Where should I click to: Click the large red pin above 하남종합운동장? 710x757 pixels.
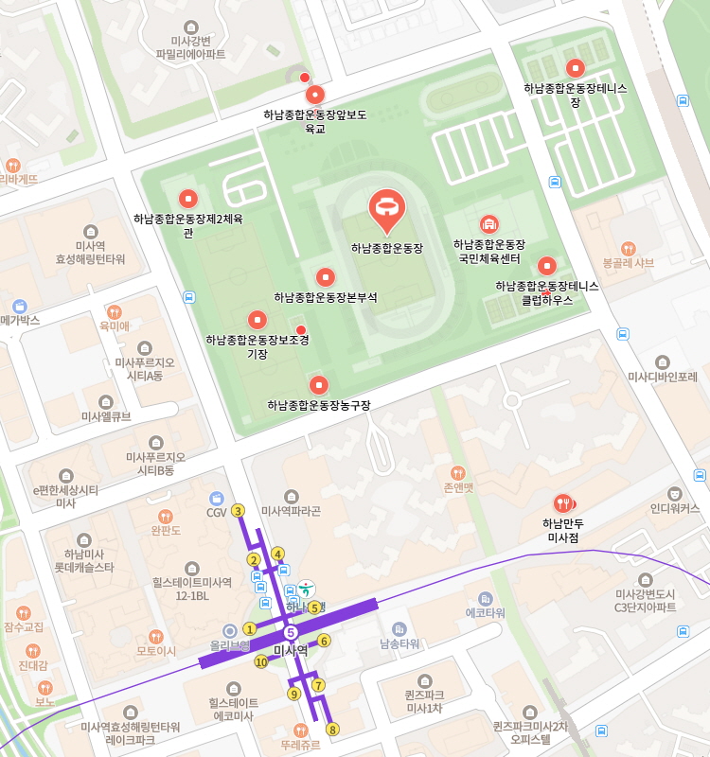pos(386,207)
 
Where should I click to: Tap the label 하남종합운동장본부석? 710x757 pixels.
pos(326,297)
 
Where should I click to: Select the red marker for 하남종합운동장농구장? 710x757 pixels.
pos(318,385)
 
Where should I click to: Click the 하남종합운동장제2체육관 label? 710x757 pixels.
pos(188,225)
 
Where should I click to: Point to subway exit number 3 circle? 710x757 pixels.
pos(238,511)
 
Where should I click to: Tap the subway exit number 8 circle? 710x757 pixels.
pos(331,730)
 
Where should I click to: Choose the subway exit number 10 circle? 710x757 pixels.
pos(261,661)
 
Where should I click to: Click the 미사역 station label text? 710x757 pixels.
pos(291,650)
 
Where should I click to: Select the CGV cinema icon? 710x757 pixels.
pos(216,498)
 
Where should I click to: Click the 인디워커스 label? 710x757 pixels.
pos(675,508)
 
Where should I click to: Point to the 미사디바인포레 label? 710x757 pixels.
pos(663,377)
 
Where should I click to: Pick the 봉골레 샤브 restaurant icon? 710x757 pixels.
pos(629,248)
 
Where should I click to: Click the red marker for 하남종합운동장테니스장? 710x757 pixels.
pos(575,68)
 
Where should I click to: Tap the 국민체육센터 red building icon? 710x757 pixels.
pos(488,224)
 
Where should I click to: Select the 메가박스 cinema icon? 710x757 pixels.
pos(20,306)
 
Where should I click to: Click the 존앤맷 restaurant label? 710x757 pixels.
pos(458,487)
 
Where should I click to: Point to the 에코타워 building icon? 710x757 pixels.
pos(486,599)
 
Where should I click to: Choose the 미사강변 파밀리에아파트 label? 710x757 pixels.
pos(191,47)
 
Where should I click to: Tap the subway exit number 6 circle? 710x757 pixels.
pos(324,641)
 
